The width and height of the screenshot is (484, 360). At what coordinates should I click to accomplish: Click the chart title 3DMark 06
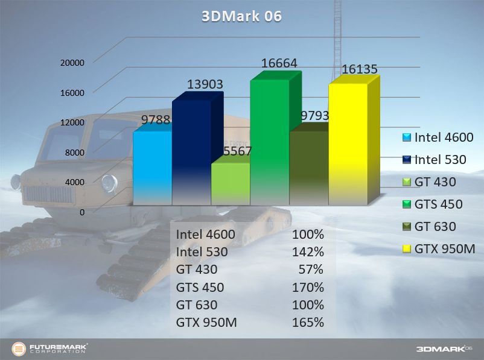[241, 16]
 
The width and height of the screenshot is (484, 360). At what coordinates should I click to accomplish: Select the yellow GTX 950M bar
[348, 145]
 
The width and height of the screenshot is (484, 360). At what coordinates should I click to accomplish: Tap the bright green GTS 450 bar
[269, 142]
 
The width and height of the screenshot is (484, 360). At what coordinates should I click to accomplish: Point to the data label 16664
[279, 63]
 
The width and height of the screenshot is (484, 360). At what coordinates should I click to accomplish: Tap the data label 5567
[237, 151]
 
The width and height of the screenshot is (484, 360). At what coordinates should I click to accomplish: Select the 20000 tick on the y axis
[72, 63]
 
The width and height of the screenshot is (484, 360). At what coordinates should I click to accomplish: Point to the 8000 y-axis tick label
[74, 153]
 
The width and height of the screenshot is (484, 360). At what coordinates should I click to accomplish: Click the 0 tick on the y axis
[81, 212]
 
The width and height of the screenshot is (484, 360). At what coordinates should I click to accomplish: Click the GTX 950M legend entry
[443, 249]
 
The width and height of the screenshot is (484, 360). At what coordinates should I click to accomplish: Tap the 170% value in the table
[310, 287]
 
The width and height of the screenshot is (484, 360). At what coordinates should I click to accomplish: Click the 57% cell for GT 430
[313, 270]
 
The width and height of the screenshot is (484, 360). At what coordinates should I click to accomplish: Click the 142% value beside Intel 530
[310, 252]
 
